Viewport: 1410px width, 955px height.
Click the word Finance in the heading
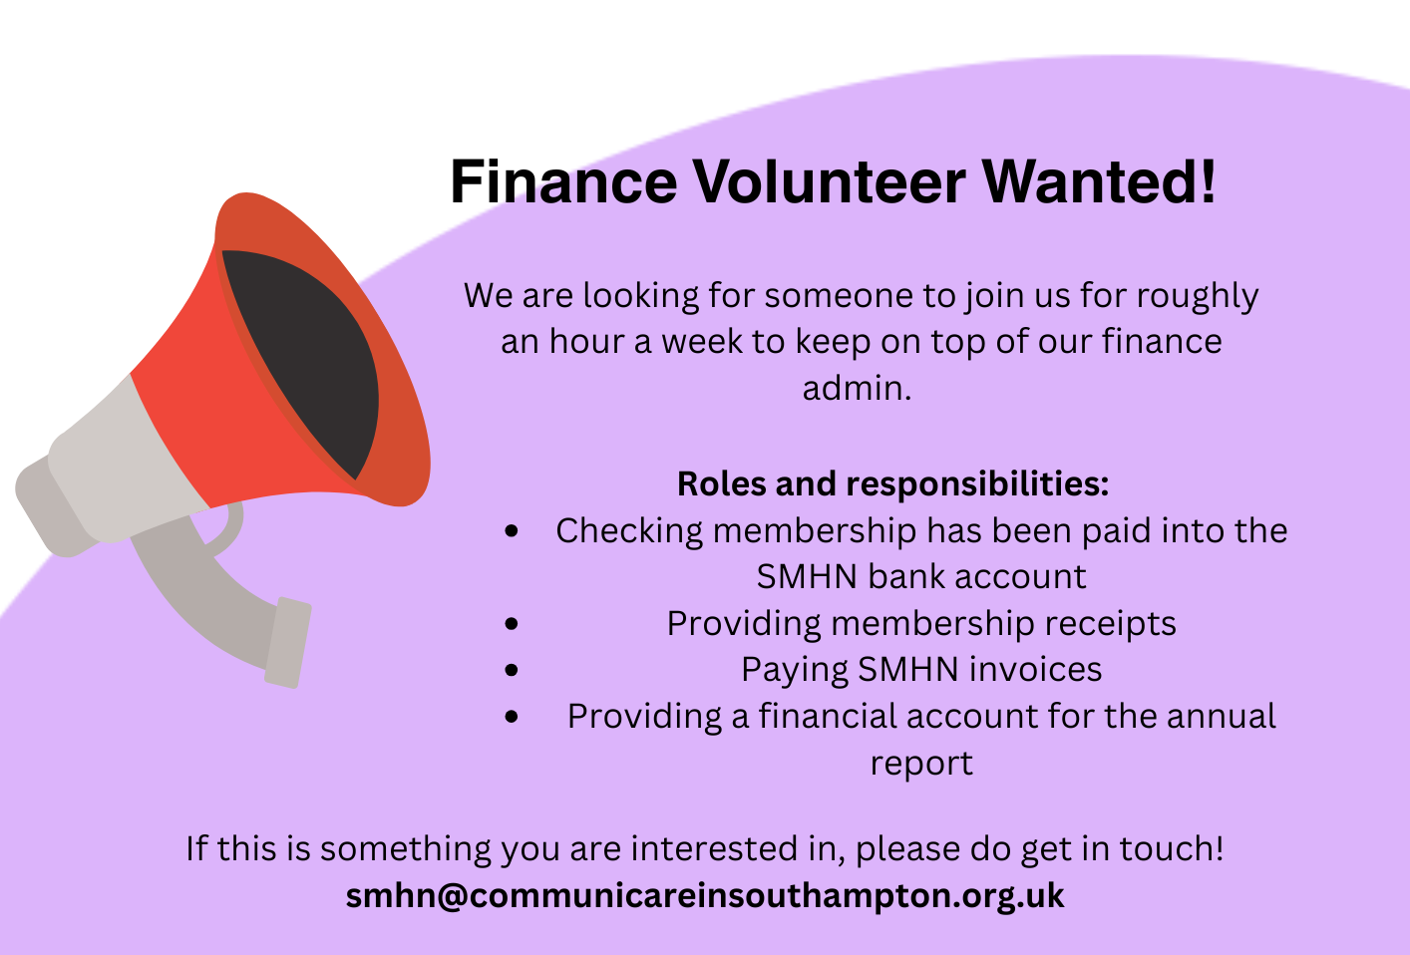(563, 181)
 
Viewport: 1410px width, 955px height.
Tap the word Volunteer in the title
(830, 181)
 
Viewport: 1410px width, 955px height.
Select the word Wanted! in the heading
(1099, 181)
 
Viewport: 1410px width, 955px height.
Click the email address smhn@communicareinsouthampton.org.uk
(705, 895)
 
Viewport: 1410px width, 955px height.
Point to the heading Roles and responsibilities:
(892, 483)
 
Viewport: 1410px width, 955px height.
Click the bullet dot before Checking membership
(512, 531)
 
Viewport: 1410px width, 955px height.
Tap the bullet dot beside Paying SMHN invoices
(512, 670)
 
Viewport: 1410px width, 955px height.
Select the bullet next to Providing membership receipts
(512, 623)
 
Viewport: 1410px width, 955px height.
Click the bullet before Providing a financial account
(512, 716)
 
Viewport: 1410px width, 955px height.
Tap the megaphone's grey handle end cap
(287, 642)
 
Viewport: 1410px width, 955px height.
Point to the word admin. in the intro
(857, 388)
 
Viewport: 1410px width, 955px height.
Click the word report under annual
(921, 764)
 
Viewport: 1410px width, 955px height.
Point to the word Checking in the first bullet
(629, 531)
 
